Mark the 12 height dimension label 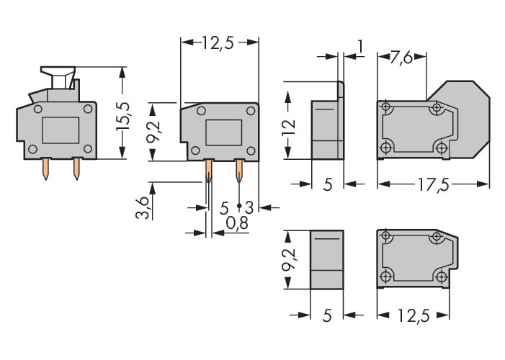288,128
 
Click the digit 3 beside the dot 248,207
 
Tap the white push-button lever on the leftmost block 58,75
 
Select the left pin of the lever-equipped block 45,169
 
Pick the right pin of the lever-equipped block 76,169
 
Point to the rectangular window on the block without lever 223,133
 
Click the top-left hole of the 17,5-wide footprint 387,108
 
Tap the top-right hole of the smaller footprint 436,236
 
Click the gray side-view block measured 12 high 327,128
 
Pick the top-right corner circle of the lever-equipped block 87,109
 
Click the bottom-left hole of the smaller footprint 387,276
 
